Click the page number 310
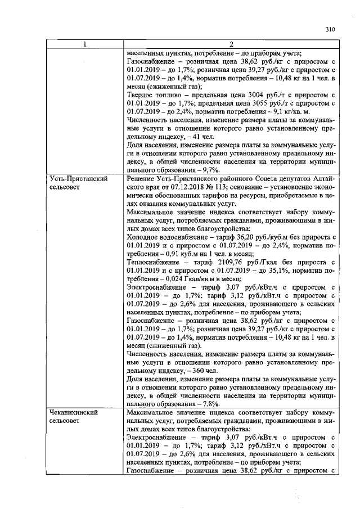330,30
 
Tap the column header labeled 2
231,44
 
